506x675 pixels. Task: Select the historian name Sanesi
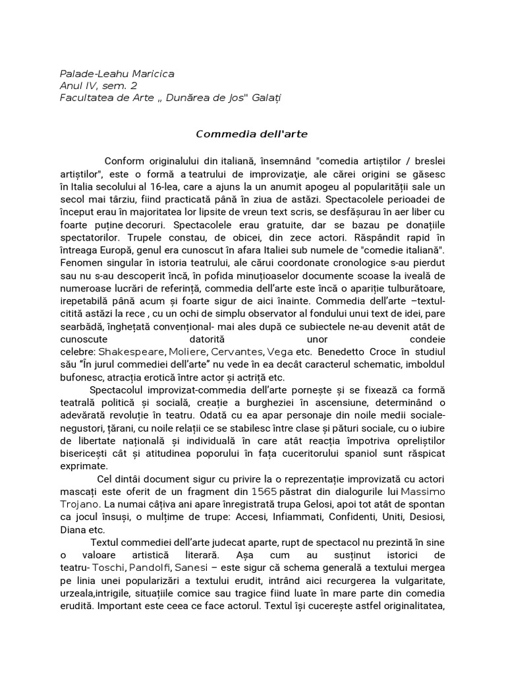click(197, 567)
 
